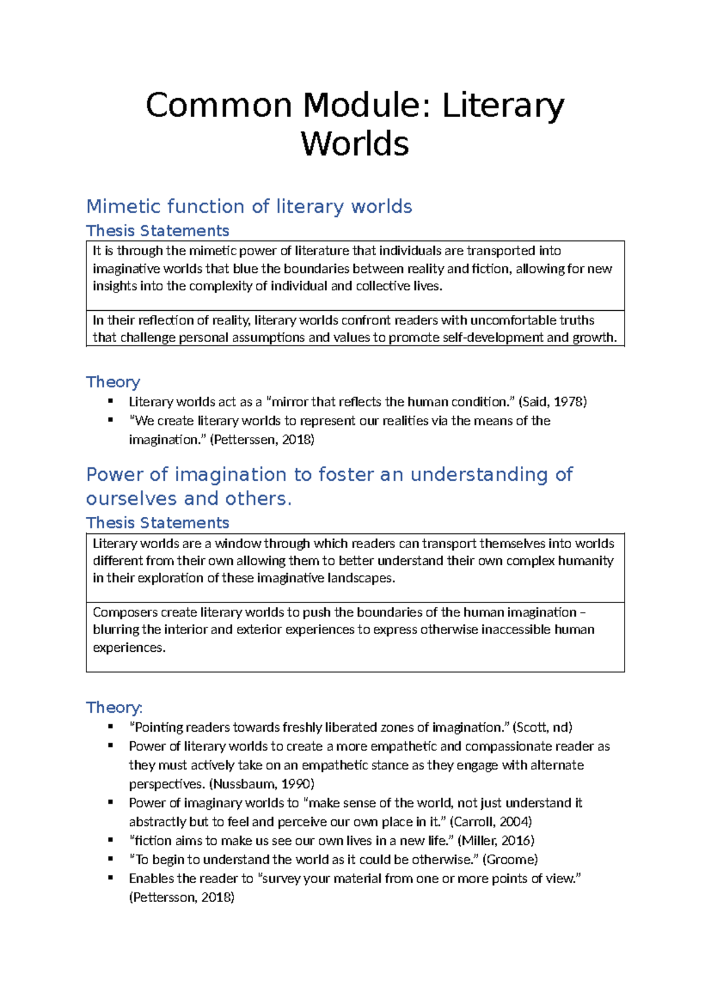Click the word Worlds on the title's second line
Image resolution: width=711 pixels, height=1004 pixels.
(355, 144)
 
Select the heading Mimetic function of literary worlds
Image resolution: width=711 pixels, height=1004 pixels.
(249, 207)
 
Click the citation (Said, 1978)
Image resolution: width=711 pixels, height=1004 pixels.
(552, 402)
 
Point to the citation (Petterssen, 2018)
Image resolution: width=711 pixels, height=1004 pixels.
(262, 440)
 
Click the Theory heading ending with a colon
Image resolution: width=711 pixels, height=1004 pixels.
(114, 707)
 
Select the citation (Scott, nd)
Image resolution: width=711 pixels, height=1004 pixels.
(542, 728)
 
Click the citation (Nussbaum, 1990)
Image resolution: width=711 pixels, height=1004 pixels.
(261, 784)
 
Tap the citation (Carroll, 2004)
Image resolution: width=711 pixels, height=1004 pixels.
(491, 822)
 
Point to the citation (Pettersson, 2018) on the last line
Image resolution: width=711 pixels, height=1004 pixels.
(182, 898)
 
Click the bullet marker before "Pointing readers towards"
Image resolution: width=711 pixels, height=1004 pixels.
(111, 726)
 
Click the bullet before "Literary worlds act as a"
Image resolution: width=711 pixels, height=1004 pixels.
(111, 401)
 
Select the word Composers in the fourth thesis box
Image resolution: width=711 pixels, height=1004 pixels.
(125, 613)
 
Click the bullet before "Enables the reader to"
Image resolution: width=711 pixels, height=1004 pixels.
(111, 878)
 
